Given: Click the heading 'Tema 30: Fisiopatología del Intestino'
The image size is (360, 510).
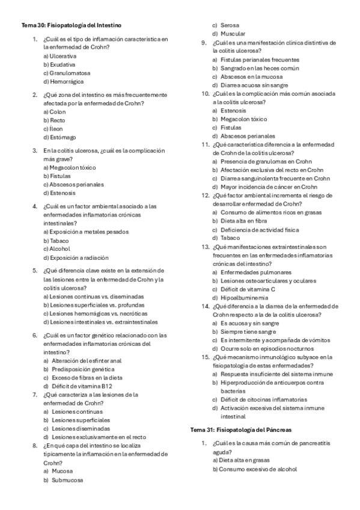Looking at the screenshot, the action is [x=72, y=26].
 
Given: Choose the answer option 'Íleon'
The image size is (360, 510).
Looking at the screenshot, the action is [x=57, y=129].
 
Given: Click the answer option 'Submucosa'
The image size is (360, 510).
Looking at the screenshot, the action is [x=67, y=481].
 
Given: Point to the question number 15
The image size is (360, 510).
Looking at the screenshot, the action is [x=205, y=357].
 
